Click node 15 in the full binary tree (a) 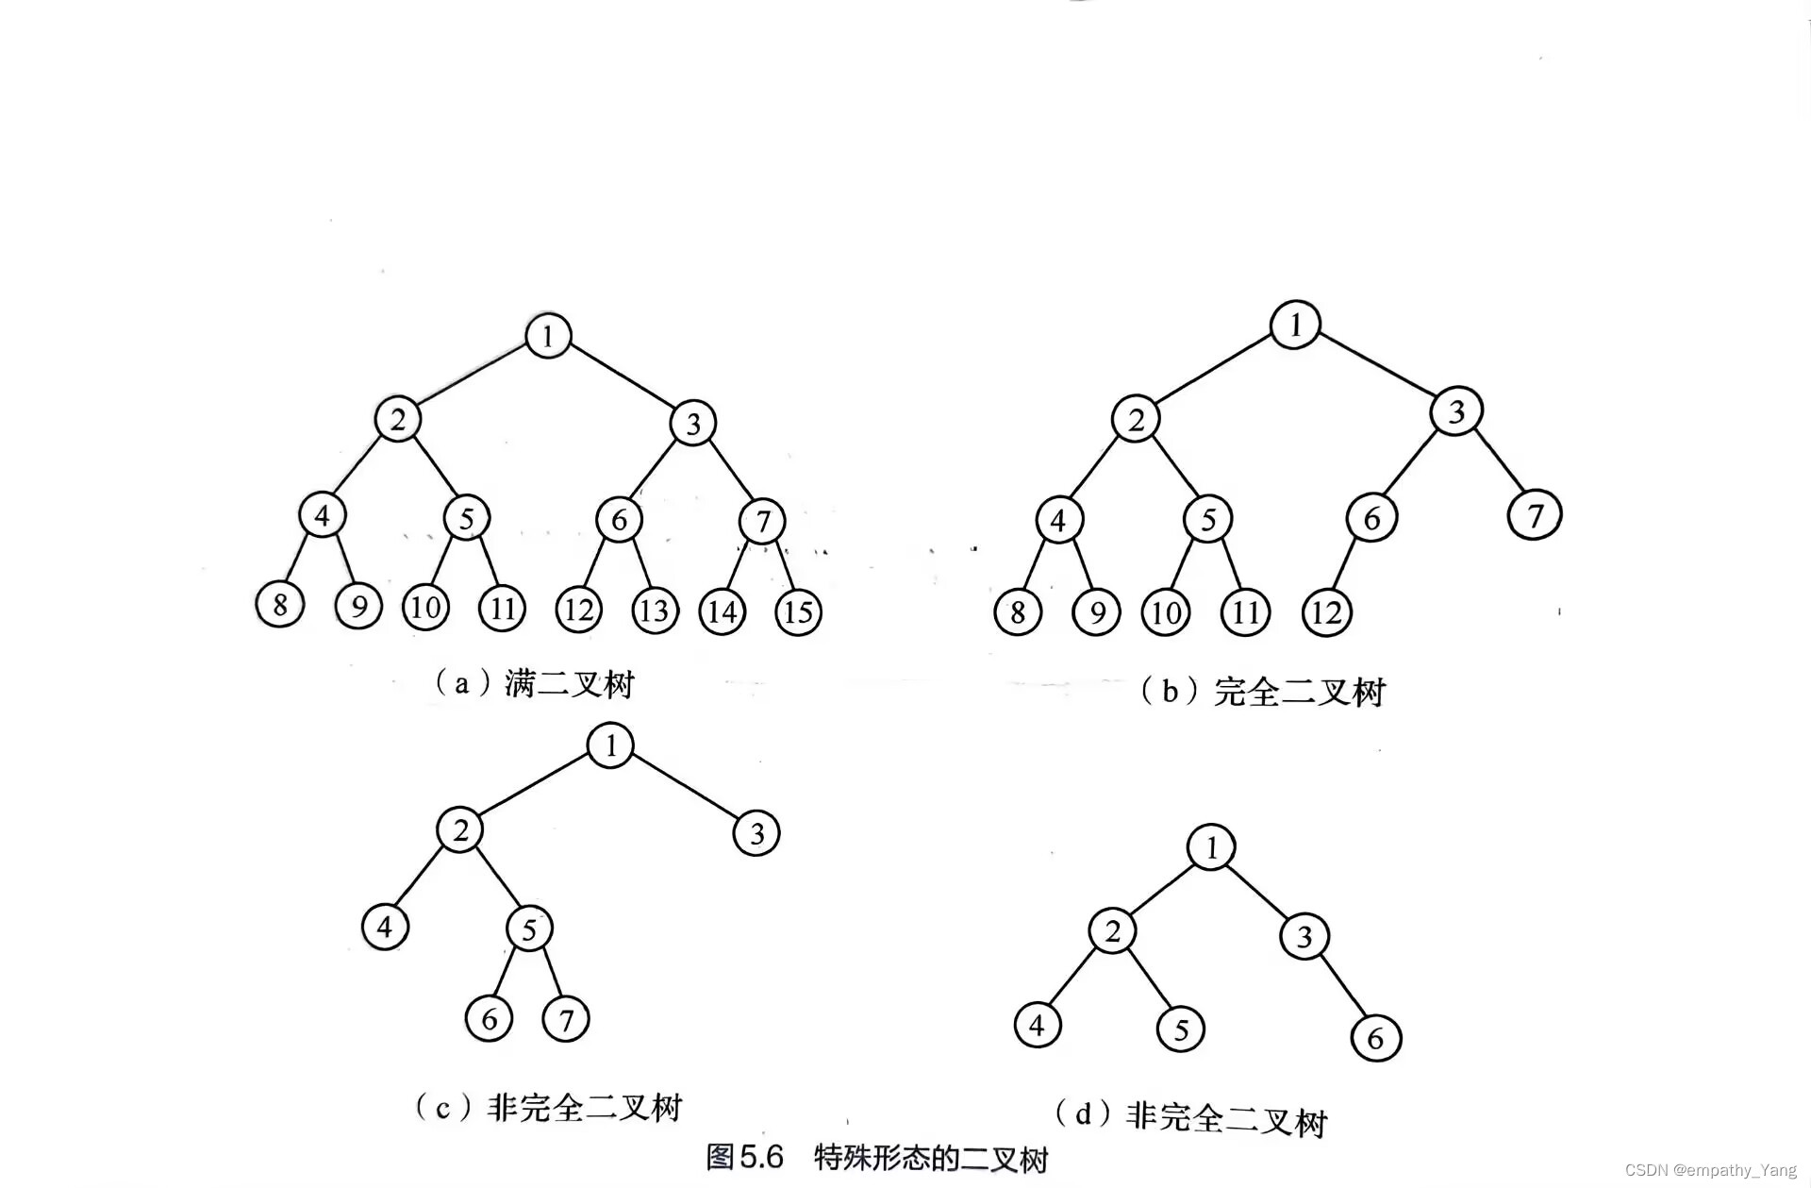(798, 612)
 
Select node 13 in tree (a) (655, 611)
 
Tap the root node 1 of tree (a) (548, 335)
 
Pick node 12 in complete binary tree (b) (1326, 613)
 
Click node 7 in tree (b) (1535, 515)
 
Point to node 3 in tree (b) (1456, 411)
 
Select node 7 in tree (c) (566, 1019)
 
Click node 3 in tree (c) (756, 833)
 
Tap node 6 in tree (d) (1376, 1038)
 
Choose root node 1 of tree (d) (1212, 846)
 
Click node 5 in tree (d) (1181, 1029)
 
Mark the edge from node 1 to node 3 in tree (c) (684, 789)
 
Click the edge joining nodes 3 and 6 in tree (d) (1341, 986)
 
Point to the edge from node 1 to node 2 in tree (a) (473, 376)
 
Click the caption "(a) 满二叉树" (534, 682)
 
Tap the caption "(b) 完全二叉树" (1262, 692)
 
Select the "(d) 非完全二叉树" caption (1190, 1117)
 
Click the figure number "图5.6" (744, 1157)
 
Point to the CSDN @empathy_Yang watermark (1710, 1170)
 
